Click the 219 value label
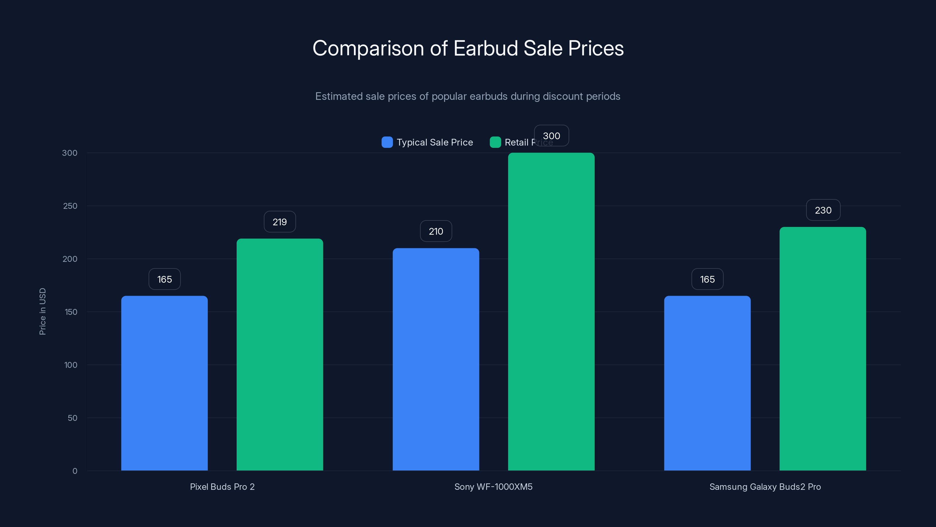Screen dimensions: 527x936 pyautogui.click(x=279, y=222)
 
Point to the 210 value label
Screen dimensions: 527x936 pyautogui.click(x=436, y=231)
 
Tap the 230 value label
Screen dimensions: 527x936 pyautogui.click(x=823, y=210)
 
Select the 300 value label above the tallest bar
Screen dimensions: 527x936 pyautogui.click(x=551, y=136)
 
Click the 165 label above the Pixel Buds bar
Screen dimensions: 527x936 pyautogui.click(x=164, y=279)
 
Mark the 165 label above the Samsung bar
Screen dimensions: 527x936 pyautogui.click(x=707, y=279)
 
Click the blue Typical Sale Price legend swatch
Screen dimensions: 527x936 pyautogui.click(x=387, y=142)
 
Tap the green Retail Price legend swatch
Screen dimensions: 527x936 pyautogui.click(x=495, y=142)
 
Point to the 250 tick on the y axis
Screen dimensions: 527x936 pyautogui.click(x=70, y=206)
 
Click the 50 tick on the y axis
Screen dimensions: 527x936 pyautogui.click(x=72, y=418)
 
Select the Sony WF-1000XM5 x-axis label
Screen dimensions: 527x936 pyautogui.click(x=493, y=487)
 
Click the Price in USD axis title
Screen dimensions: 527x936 pyautogui.click(x=42, y=311)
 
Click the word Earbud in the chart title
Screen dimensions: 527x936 pyautogui.click(x=486, y=48)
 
